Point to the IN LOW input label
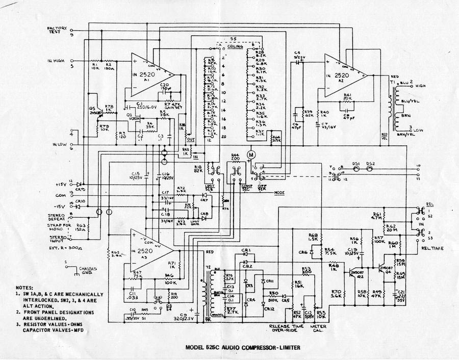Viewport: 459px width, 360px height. [x=59, y=145]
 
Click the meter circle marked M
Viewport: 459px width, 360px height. [x=250, y=153]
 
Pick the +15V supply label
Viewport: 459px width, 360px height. [x=61, y=184]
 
